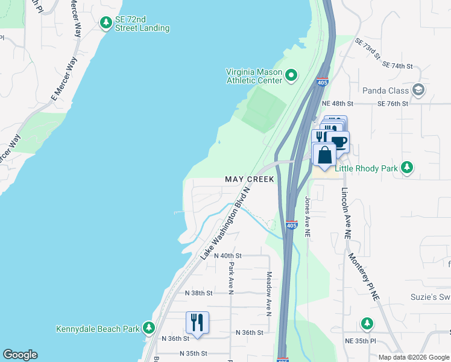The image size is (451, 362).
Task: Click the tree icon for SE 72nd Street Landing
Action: (106, 23)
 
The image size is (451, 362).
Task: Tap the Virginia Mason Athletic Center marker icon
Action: (291, 75)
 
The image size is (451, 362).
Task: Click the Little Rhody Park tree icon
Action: (408, 168)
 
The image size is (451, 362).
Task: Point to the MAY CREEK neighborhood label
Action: (249, 180)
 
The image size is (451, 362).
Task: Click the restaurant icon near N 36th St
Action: (197, 322)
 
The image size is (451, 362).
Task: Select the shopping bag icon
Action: (324, 154)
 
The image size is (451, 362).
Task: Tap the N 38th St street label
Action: (199, 293)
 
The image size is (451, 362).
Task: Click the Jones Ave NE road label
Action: (307, 216)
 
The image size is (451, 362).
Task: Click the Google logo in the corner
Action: (20, 355)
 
